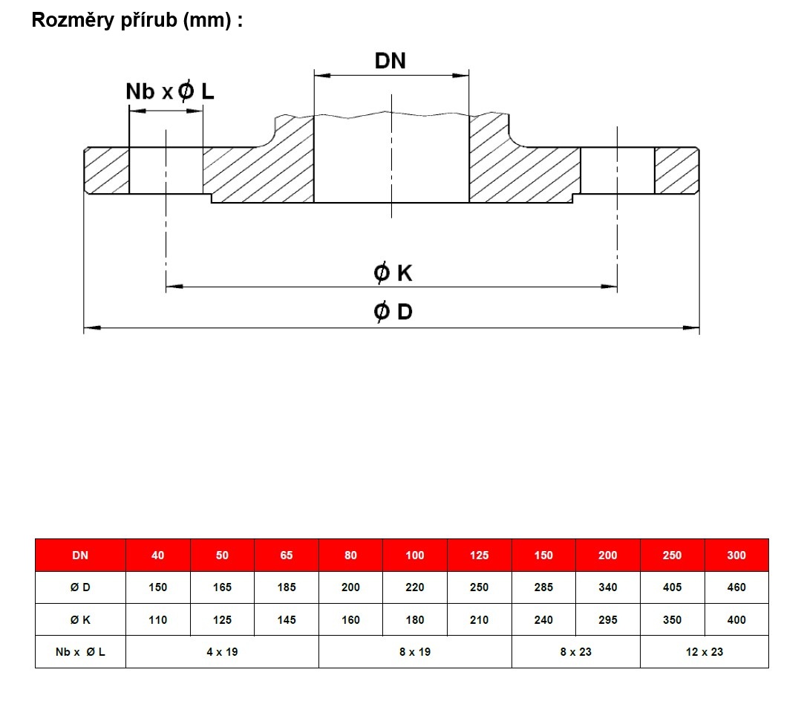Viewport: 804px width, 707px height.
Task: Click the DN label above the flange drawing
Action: (x=390, y=61)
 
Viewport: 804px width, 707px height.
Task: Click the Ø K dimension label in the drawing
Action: (x=393, y=273)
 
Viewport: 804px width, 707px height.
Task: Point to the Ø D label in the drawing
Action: (x=393, y=312)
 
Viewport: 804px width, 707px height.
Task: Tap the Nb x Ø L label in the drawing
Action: (x=170, y=91)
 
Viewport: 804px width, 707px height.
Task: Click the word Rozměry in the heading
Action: (x=73, y=20)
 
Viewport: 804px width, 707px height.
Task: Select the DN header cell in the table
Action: (x=80, y=555)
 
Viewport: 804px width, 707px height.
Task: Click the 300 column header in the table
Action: (x=736, y=555)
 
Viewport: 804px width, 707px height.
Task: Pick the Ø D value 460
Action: (x=736, y=587)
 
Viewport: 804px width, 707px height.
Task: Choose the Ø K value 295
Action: (x=607, y=620)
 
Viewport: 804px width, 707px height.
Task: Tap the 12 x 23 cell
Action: (x=705, y=652)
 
